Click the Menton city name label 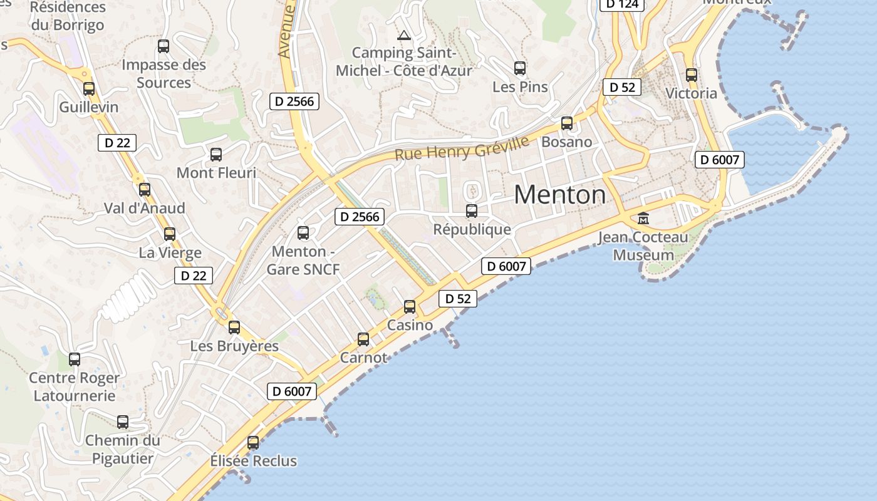(x=559, y=195)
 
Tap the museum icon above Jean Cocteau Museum (x=643, y=219)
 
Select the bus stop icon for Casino (x=410, y=307)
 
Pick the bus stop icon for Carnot (x=363, y=339)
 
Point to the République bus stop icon (x=472, y=211)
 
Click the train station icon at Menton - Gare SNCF (x=303, y=233)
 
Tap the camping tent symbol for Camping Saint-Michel (x=404, y=35)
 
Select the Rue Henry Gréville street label (x=462, y=148)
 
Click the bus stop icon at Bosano (x=567, y=123)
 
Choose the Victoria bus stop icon (x=692, y=75)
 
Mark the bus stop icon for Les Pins (x=520, y=68)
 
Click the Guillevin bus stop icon (x=89, y=89)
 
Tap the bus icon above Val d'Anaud (x=145, y=189)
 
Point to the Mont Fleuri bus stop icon (x=216, y=154)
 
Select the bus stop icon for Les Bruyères (x=234, y=327)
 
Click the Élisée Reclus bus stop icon (x=253, y=443)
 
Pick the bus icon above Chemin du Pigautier (x=123, y=422)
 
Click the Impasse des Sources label (x=163, y=73)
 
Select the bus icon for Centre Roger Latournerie (x=75, y=359)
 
